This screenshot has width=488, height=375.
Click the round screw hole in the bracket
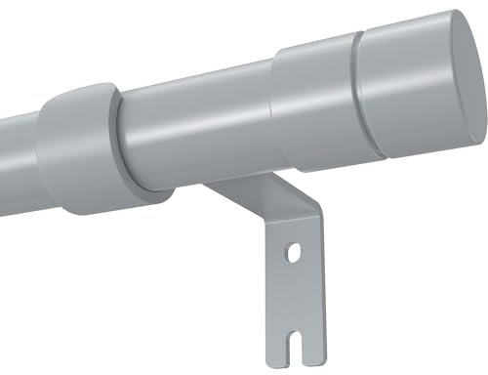(x=292, y=255)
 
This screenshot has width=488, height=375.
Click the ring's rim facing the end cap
(x=118, y=137)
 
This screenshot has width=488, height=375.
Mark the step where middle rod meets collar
(x=273, y=107)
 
